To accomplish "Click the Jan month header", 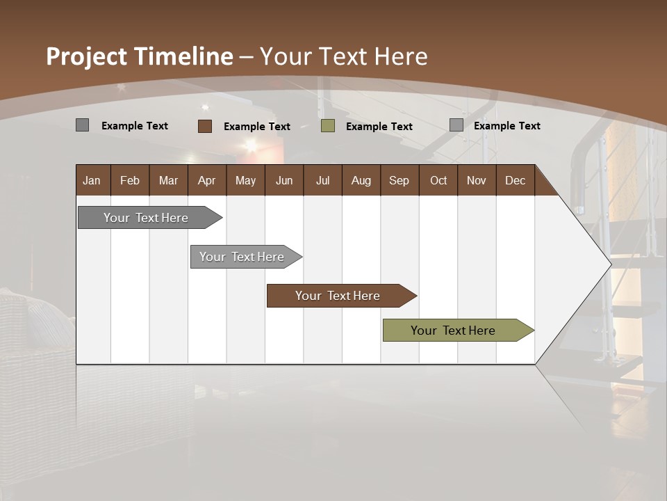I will [92, 180].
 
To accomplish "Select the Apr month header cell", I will [206, 180].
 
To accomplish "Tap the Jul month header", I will [322, 180].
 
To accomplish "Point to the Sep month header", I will [399, 180].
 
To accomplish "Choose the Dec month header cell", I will [515, 180].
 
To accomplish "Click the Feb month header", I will [130, 180].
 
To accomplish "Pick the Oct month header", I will [438, 180].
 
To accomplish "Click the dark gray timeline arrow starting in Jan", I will [146, 218].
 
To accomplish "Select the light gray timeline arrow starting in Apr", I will [242, 257].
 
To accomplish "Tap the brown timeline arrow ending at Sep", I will [338, 296].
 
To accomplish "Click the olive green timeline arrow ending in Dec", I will [453, 331].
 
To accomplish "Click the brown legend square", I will [205, 126].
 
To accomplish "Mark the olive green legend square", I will [328, 126].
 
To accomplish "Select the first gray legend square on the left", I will [83, 125].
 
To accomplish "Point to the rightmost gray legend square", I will [456, 125].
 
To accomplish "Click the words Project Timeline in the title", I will [139, 56].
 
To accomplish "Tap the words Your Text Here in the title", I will [343, 56].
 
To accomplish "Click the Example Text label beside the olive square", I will [379, 127].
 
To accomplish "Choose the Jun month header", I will [284, 180].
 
